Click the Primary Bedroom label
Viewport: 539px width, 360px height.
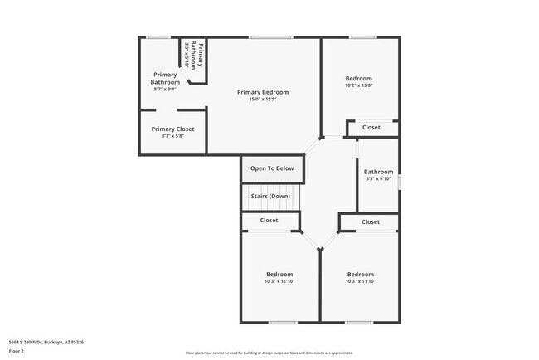(x=263, y=92)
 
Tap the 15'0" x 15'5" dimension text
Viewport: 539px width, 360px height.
(x=263, y=100)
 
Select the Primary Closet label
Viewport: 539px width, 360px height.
(x=172, y=129)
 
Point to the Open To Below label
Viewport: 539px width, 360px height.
(x=272, y=168)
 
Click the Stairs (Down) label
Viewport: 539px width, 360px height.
(x=270, y=196)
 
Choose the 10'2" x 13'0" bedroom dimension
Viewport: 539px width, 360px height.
(x=359, y=85)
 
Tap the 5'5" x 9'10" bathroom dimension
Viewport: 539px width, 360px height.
(x=377, y=179)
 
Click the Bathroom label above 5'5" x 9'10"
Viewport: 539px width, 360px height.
(x=377, y=172)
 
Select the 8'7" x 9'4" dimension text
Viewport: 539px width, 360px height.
(x=165, y=90)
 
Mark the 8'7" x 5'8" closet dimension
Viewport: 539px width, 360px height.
(x=172, y=136)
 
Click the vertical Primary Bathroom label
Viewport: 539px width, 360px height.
(x=197, y=53)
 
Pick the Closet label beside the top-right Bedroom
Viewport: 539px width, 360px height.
(x=371, y=127)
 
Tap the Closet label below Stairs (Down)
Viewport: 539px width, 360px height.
(x=269, y=220)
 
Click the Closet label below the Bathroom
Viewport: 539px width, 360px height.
(x=371, y=221)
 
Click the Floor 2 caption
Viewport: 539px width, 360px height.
(x=17, y=351)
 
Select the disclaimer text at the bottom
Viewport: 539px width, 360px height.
(x=269, y=353)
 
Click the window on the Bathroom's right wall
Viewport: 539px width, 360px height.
(x=399, y=179)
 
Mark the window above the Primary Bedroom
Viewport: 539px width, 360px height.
(x=265, y=36)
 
